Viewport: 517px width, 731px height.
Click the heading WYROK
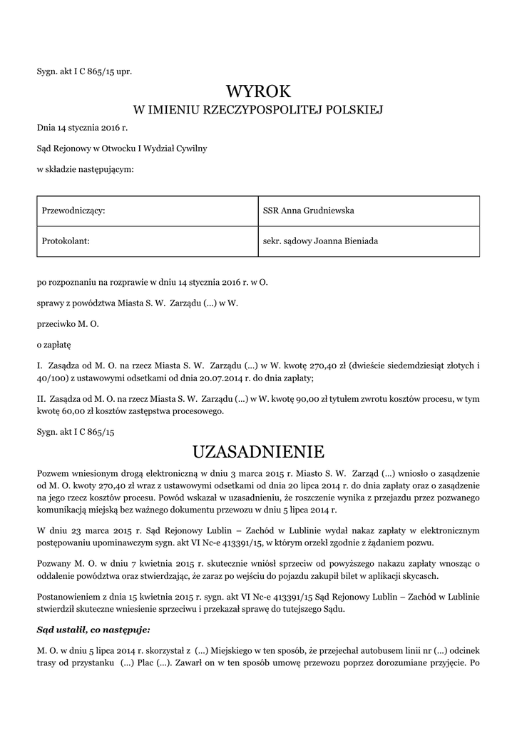tap(258, 92)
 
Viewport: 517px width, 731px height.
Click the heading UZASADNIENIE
tap(258, 452)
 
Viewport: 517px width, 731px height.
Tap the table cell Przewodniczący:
tap(75, 211)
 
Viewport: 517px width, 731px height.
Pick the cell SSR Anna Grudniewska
tap(309, 211)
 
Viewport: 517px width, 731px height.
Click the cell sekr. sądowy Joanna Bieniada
tap(320, 241)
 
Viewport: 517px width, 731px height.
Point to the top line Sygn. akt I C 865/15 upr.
tap(84, 71)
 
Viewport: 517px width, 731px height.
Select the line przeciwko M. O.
tap(68, 324)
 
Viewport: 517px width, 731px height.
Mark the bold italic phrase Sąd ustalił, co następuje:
tap(93, 630)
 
